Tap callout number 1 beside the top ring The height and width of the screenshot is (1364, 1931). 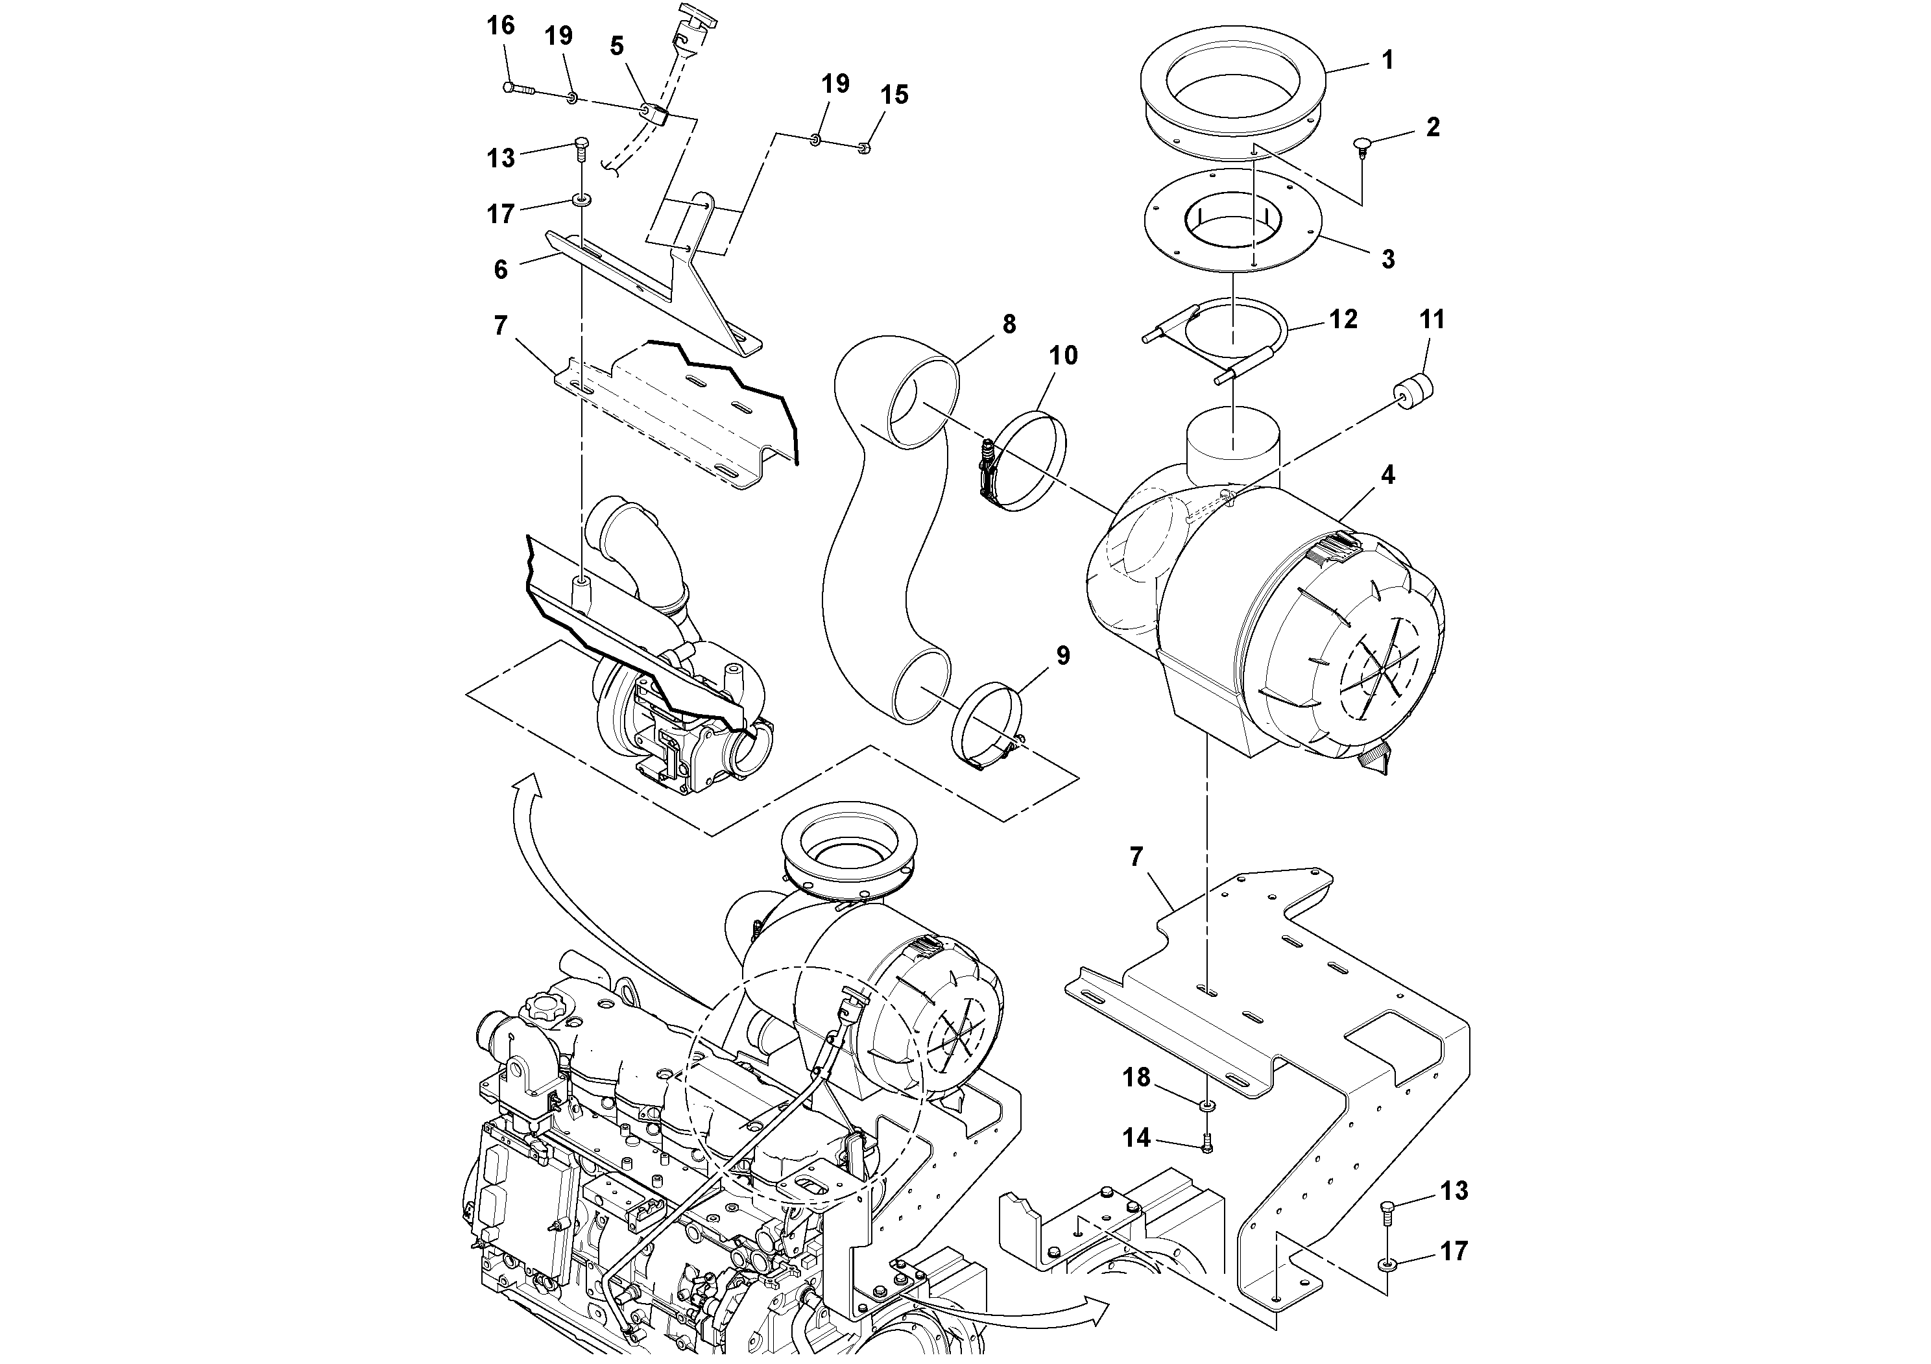(1387, 60)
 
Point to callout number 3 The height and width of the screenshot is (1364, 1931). (1387, 259)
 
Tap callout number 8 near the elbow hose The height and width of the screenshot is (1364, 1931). (1009, 324)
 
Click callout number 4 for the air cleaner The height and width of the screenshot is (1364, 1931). (1387, 475)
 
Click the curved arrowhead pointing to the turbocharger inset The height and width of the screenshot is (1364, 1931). (527, 788)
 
